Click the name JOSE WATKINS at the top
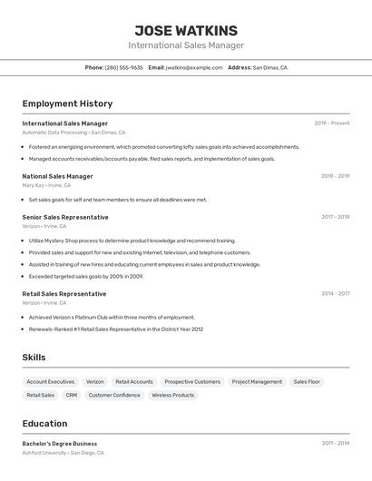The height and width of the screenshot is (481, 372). tap(186, 31)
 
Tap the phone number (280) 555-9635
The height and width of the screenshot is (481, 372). tap(123, 67)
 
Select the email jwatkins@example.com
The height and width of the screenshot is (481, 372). tap(193, 67)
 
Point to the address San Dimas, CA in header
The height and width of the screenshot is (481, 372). tap(269, 67)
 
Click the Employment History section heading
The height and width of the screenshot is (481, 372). tap(67, 103)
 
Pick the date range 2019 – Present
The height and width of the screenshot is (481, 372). tap(331, 123)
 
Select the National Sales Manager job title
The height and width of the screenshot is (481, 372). tap(57, 176)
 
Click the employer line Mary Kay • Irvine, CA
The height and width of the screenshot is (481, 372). tap(46, 185)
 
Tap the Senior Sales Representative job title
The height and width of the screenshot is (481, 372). tap(65, 217)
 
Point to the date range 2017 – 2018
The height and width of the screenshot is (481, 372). tap(335, 217)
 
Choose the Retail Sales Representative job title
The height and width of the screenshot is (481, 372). tap(64, 294)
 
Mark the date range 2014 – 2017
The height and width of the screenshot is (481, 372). tap(335, 294)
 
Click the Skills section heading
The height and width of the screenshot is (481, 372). tap(34, 358)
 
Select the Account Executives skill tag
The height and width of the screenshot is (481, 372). tap(51, 382)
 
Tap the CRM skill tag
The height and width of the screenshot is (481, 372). tap(72, 396)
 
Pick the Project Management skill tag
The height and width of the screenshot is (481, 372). tap(257, 382)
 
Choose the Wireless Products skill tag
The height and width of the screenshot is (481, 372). tap(172, 396)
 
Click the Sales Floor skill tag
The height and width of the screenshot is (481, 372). tap(307, 382)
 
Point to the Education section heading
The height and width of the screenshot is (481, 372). tap(44, 424)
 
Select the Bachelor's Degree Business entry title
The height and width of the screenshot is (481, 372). tap(59, 444)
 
